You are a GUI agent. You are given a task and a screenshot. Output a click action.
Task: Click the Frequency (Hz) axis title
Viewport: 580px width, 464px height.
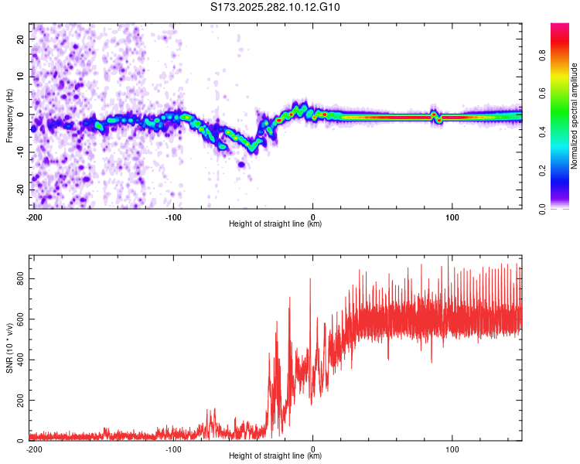click(x=9, y=116)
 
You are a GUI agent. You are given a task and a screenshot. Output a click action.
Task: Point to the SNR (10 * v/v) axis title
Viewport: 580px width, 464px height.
click(x=9, y=348)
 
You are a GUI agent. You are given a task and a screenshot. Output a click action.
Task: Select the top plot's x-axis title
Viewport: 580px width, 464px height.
click(x=275, y=223)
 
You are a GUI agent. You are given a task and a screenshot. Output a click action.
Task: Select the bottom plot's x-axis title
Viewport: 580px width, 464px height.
click(x=275, y=455)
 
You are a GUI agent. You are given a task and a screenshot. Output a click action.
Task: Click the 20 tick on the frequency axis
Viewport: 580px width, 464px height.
click(x=21, y=39)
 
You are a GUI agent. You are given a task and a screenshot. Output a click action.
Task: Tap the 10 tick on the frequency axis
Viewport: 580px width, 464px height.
click(x=21, y=77)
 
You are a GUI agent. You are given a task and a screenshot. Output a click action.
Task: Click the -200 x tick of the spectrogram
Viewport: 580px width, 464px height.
click(x=34, y=216)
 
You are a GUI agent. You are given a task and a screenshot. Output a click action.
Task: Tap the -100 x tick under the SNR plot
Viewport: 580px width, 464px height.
click(x=173, y=448)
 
